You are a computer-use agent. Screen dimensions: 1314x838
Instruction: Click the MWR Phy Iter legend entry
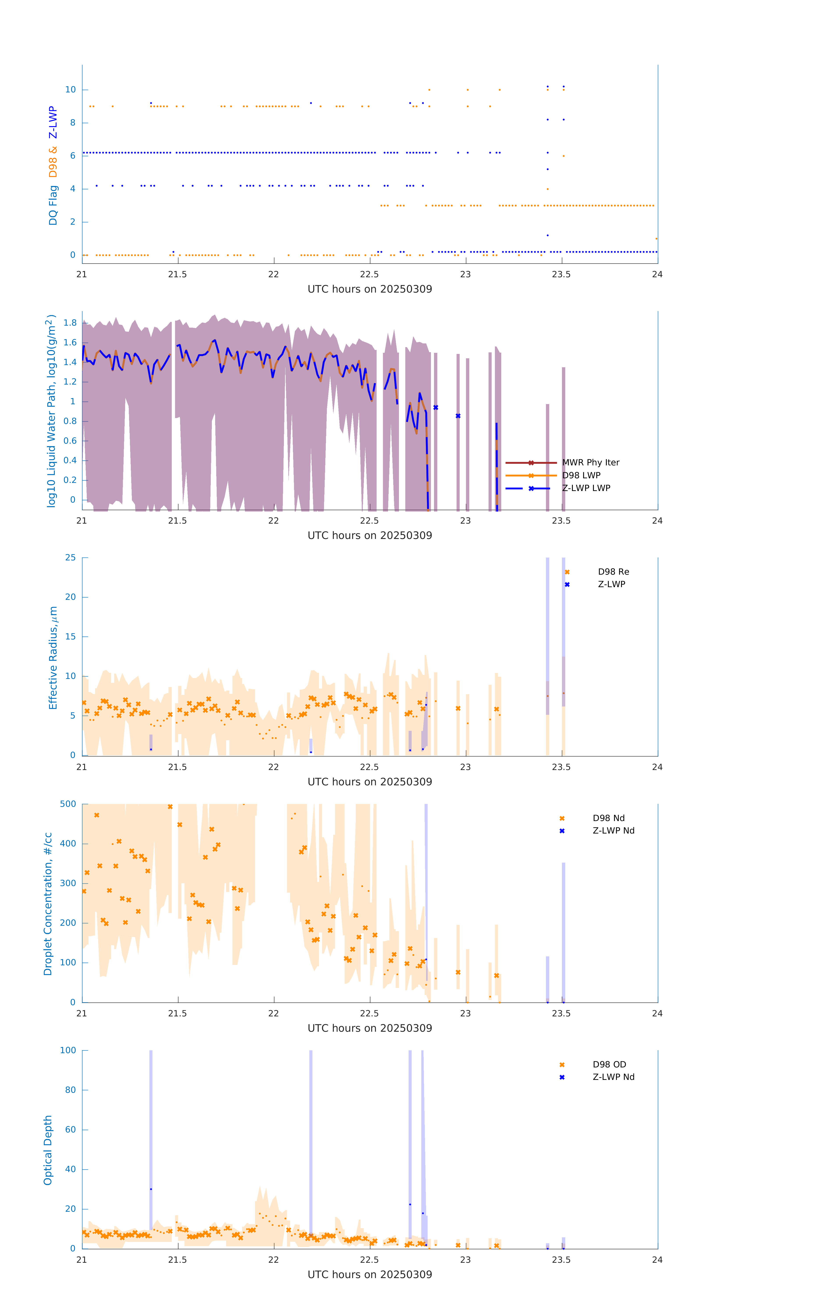[x=590, y=463]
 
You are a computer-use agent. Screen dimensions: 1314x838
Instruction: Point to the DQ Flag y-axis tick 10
[x=70, y=90]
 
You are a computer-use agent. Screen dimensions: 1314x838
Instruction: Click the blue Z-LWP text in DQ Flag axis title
[x=53, y=123]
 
